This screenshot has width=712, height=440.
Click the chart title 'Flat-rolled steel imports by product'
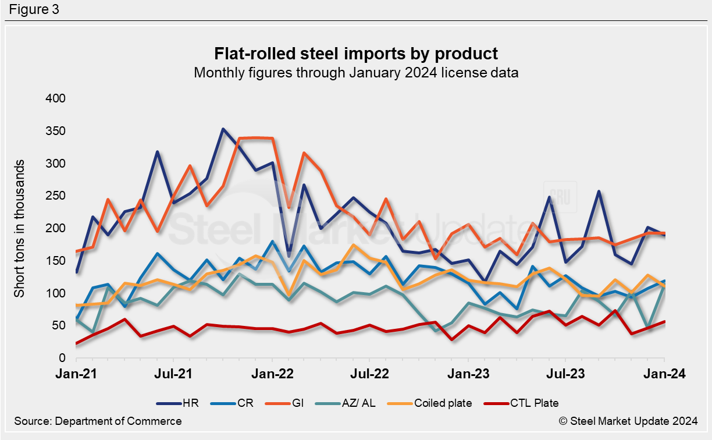356,54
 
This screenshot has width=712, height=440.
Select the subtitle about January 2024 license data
356,73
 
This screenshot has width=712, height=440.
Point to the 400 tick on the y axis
56,98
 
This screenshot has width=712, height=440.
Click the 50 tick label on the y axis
59,325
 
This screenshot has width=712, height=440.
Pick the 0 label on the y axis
62,358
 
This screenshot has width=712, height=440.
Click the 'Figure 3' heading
34,10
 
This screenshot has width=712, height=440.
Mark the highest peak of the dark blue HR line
223,129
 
